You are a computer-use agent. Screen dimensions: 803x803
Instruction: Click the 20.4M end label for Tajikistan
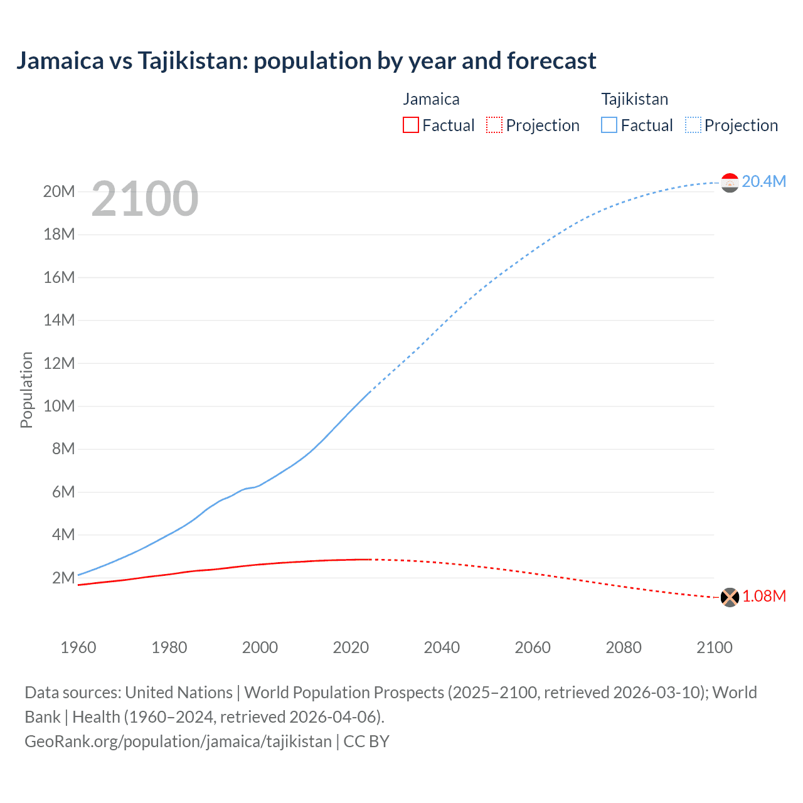(763, 181)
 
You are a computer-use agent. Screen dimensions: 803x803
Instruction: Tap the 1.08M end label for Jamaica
(763, 596)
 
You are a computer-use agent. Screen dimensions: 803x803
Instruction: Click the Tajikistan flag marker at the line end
(730, 183)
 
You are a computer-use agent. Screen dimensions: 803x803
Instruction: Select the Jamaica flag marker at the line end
(730, 597)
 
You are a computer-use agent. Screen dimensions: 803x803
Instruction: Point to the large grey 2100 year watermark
(145, 199)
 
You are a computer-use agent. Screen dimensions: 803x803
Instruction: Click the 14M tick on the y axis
(59, 320)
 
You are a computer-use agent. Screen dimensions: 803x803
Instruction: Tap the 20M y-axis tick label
(59, 191)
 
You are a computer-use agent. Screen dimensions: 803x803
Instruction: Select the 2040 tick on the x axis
(442, 647)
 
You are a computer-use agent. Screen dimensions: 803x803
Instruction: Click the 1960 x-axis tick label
(78, 647)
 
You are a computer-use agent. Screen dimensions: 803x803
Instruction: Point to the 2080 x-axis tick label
(624, 647)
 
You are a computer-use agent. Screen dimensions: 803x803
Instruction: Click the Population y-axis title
(26, 390)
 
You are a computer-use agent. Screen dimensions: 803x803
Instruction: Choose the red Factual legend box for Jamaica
(411, 125)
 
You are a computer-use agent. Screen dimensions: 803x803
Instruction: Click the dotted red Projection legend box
(494, 125)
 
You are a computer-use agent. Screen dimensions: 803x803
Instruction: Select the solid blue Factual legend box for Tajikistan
(609, 125)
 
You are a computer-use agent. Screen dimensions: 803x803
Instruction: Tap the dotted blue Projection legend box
(693, 125)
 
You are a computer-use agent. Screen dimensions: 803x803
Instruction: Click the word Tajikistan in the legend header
(635, 99)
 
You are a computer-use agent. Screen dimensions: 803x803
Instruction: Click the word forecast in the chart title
(551, 61)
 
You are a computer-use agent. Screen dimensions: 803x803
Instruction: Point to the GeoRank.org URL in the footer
(178, 741)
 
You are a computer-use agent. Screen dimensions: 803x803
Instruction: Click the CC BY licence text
(367, 741)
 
